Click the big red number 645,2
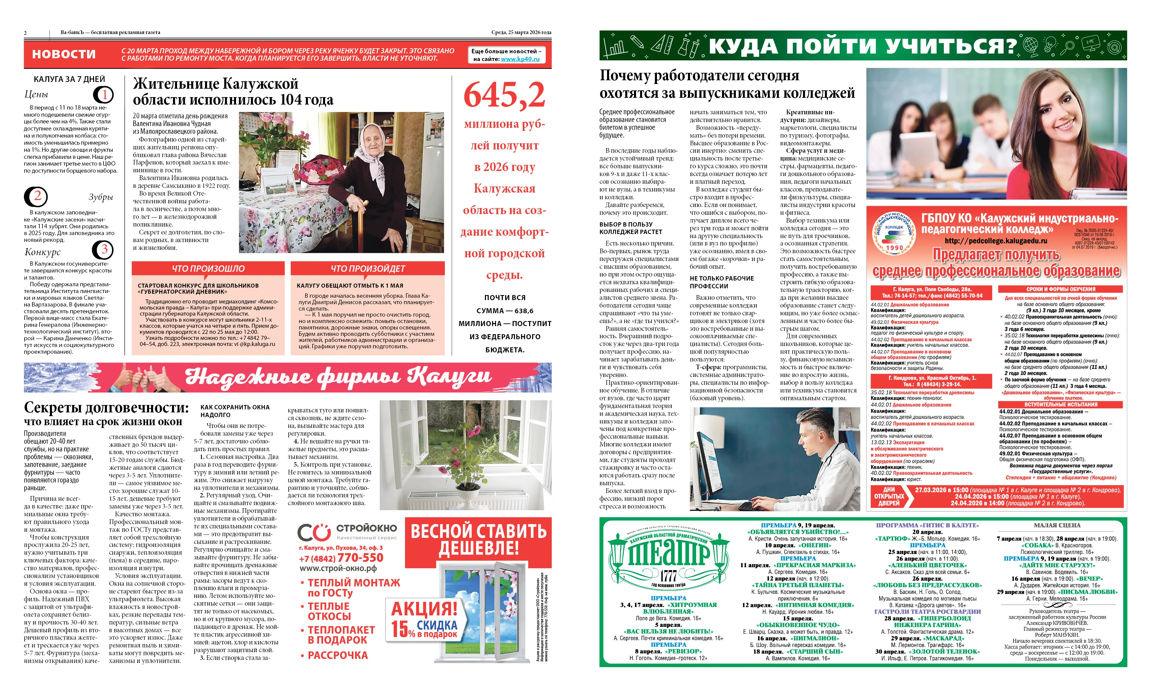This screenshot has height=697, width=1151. coord(504,95)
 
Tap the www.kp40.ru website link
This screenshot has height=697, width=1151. coord(520,59)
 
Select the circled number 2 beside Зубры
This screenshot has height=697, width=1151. coord(36,197)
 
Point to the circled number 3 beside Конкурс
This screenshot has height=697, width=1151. coord(103,250)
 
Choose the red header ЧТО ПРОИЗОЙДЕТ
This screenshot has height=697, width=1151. coord(368,269)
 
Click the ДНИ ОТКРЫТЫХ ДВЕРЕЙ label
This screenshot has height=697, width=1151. coord(889,496)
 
